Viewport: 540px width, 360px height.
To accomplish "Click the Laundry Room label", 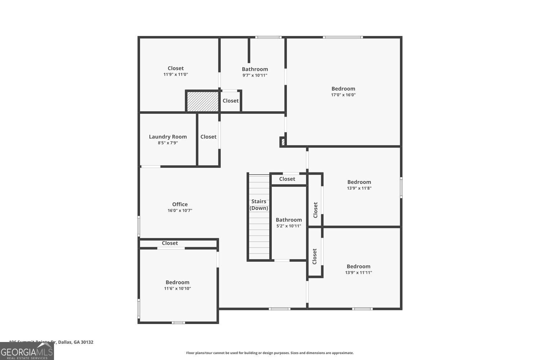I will (168, 137).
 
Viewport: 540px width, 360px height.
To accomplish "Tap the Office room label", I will (180, 204).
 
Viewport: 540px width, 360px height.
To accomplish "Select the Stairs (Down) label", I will (259, 205).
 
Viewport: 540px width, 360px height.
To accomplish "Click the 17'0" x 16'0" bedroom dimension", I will (343, 95).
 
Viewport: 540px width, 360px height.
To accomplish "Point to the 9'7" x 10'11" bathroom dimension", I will (255, 76).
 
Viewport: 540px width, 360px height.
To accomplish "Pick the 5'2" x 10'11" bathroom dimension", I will (289, 226).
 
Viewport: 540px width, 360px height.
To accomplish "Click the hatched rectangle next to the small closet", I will (202, 102).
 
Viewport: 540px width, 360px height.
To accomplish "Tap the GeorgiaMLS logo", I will (27, 351).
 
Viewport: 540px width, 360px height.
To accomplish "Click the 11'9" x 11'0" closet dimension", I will (176, 75).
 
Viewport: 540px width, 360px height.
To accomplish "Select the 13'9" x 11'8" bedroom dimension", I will (359, 188).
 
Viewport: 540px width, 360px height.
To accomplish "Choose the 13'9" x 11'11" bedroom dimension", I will (358, 273).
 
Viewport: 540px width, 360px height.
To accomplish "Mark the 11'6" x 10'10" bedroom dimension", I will (177, 288).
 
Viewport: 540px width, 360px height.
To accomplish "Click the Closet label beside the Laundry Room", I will (208, 137).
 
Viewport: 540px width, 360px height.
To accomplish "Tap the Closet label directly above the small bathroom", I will (287, 179).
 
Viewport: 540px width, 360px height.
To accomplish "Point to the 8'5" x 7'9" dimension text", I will (168, 143).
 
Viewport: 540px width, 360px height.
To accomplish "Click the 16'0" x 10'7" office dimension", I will (180, 211).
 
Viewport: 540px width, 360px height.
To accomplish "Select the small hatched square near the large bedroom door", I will (283, 142).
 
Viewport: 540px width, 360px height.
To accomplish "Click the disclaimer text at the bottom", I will (270, 353).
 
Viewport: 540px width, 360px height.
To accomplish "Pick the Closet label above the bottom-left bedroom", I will (170, 243).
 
